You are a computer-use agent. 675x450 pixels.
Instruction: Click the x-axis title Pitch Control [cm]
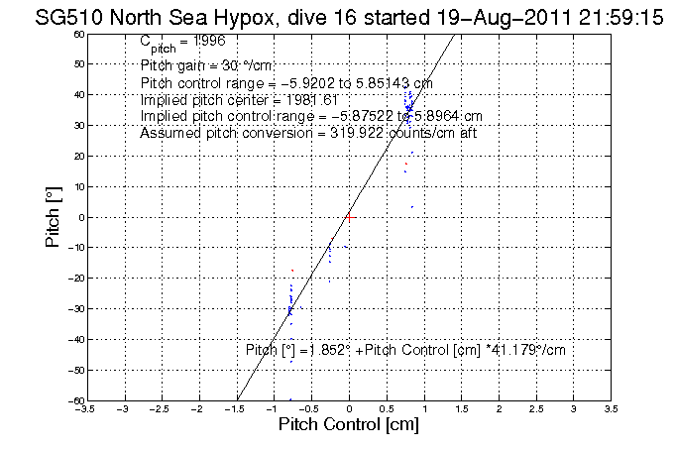coord(348,425)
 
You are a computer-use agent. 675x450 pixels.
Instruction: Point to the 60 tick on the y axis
coord(78,34)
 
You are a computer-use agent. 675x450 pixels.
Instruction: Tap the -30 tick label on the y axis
coord(75,309)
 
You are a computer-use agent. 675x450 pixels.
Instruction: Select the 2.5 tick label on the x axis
coord(536,407)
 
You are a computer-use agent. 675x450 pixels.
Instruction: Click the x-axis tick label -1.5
coord(237,407)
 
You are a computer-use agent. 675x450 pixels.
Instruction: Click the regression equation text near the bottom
coord(404,350)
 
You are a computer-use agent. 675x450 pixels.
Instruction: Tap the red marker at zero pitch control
coord(349,215)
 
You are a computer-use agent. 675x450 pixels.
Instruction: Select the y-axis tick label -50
coord(75,370)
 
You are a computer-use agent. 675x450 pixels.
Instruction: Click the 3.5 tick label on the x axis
coord(611,407)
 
